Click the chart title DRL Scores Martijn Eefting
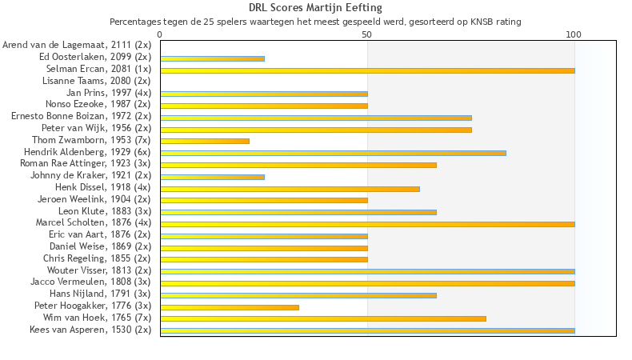(x=315, y=8)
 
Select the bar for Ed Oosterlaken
(x=212, y=58)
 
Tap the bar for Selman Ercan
(x=367, y=70)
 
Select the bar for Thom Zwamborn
(x=205, y=141)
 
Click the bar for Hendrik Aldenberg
(x=333, y=153)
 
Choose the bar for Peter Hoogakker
(x=230, y=306)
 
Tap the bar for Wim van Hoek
(x=323, y=318)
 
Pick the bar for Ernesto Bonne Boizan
(x=316, y=118)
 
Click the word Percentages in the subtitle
(x=135, y=22)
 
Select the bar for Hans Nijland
(x=298, y=295)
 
